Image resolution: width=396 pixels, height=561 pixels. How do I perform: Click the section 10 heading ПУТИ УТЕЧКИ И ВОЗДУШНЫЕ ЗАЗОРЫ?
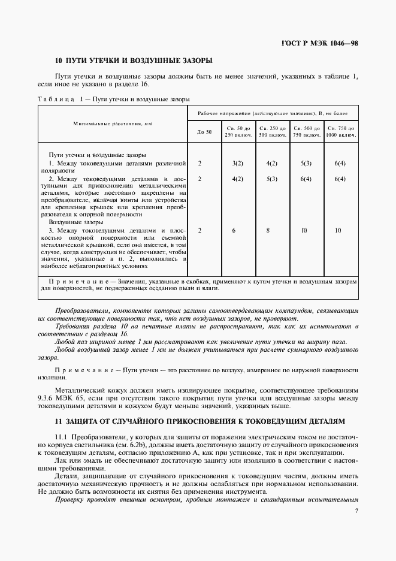point(133,61)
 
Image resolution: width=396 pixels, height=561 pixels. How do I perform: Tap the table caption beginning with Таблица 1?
point(114,99)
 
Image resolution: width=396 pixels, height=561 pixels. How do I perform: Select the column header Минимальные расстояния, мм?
point(113,123)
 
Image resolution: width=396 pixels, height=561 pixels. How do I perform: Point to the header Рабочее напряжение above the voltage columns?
point(273,113)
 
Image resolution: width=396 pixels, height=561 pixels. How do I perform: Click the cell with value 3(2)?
point(238,163)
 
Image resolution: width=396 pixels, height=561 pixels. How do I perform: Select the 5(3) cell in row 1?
point(306,163)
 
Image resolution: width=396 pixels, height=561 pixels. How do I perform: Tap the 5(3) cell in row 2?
point(272,179)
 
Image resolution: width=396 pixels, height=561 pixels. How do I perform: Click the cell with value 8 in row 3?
point(272,230)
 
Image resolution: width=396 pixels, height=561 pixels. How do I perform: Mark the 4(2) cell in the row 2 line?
point(238,179)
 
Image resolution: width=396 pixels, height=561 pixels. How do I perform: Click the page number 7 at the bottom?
point(356,511)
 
